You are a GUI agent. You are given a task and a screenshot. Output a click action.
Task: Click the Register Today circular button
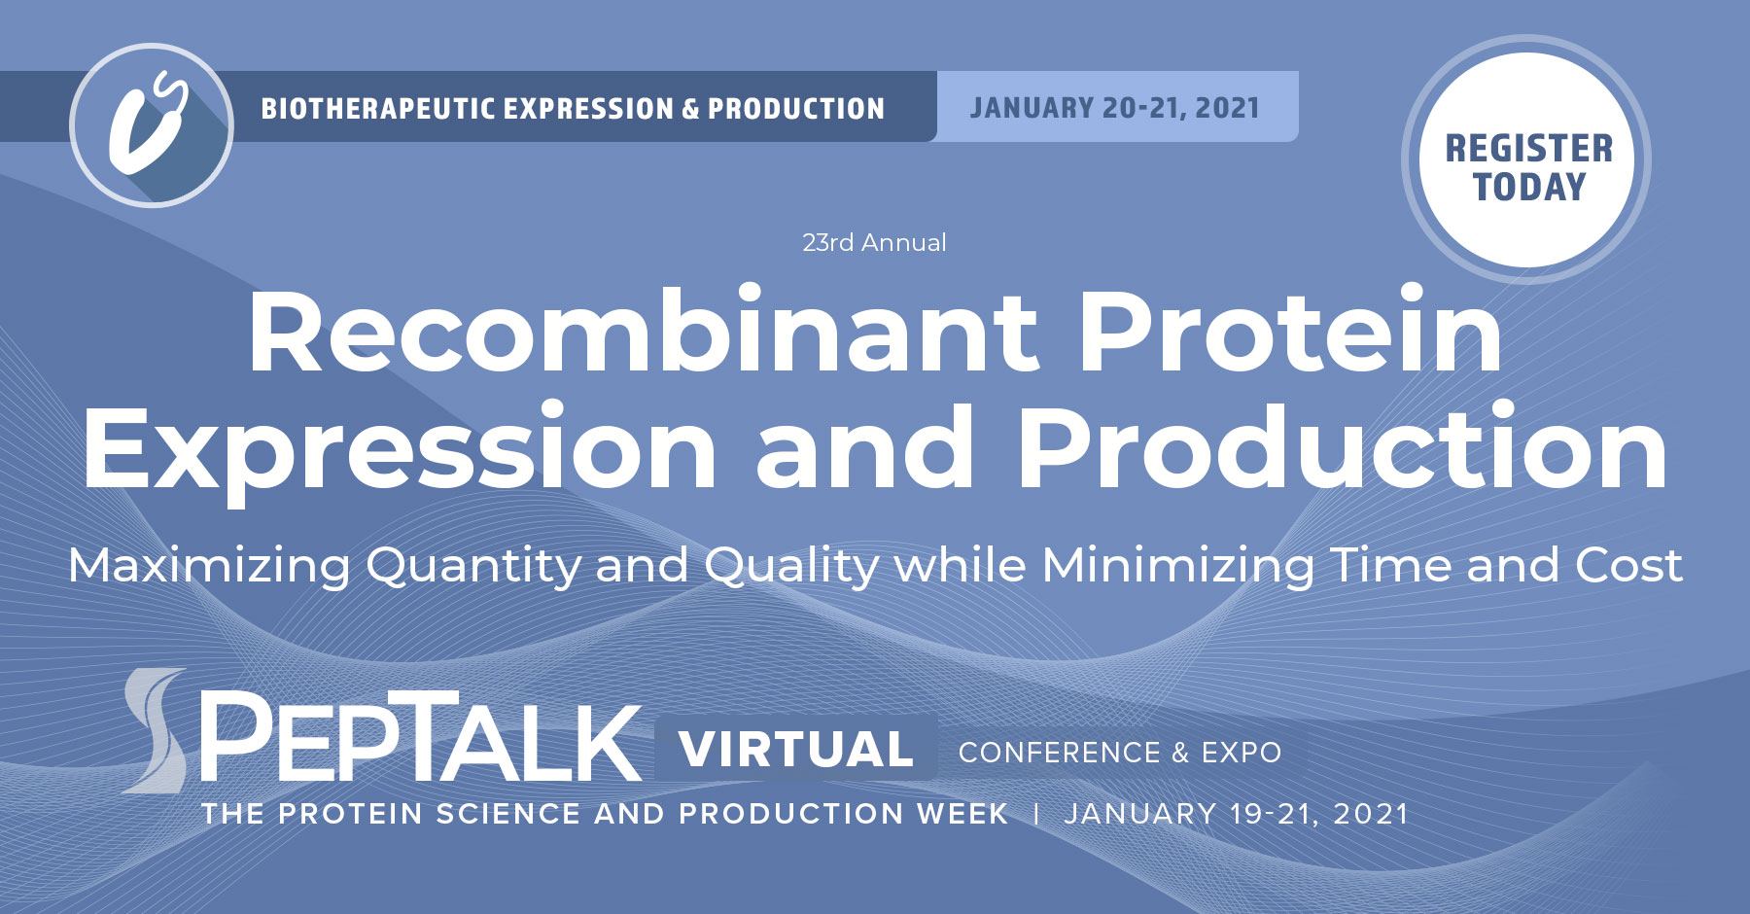[1527, 161]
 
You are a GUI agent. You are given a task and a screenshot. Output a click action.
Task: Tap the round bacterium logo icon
[152, 125]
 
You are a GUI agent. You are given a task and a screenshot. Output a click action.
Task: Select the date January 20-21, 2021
[1115, 107]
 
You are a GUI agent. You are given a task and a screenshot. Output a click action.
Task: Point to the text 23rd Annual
[874, 242]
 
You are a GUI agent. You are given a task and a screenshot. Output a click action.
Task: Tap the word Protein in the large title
[1290, 333]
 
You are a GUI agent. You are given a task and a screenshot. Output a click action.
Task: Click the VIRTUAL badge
[796, 749]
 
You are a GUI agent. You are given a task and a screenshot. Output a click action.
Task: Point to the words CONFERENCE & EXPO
[1120, 753]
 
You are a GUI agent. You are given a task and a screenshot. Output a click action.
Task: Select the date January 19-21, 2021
[1236, 814]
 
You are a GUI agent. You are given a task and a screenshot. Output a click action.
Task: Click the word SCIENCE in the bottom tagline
[507, 814]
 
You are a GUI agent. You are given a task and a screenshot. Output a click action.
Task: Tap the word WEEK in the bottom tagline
[962, 814]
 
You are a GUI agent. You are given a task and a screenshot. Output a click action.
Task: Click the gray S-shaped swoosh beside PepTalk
[157, 730]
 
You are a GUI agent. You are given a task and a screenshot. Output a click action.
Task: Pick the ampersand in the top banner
[690, 109]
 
